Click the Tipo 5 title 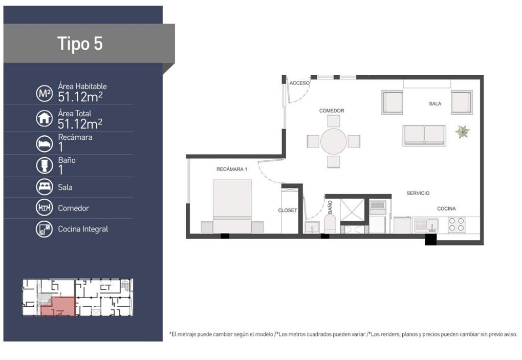80,44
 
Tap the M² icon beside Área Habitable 45,93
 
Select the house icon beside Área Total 45,118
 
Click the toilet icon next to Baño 45,165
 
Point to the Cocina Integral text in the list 83,229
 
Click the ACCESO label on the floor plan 299,83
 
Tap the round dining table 333,141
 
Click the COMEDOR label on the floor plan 332,111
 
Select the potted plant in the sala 463,132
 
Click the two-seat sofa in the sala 424,136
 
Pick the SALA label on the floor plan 435,103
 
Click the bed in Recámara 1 232,206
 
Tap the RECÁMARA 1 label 232,169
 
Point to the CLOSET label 288,210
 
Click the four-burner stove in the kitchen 456,224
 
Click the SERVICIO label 418,193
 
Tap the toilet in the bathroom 330,223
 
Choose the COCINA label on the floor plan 446,209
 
